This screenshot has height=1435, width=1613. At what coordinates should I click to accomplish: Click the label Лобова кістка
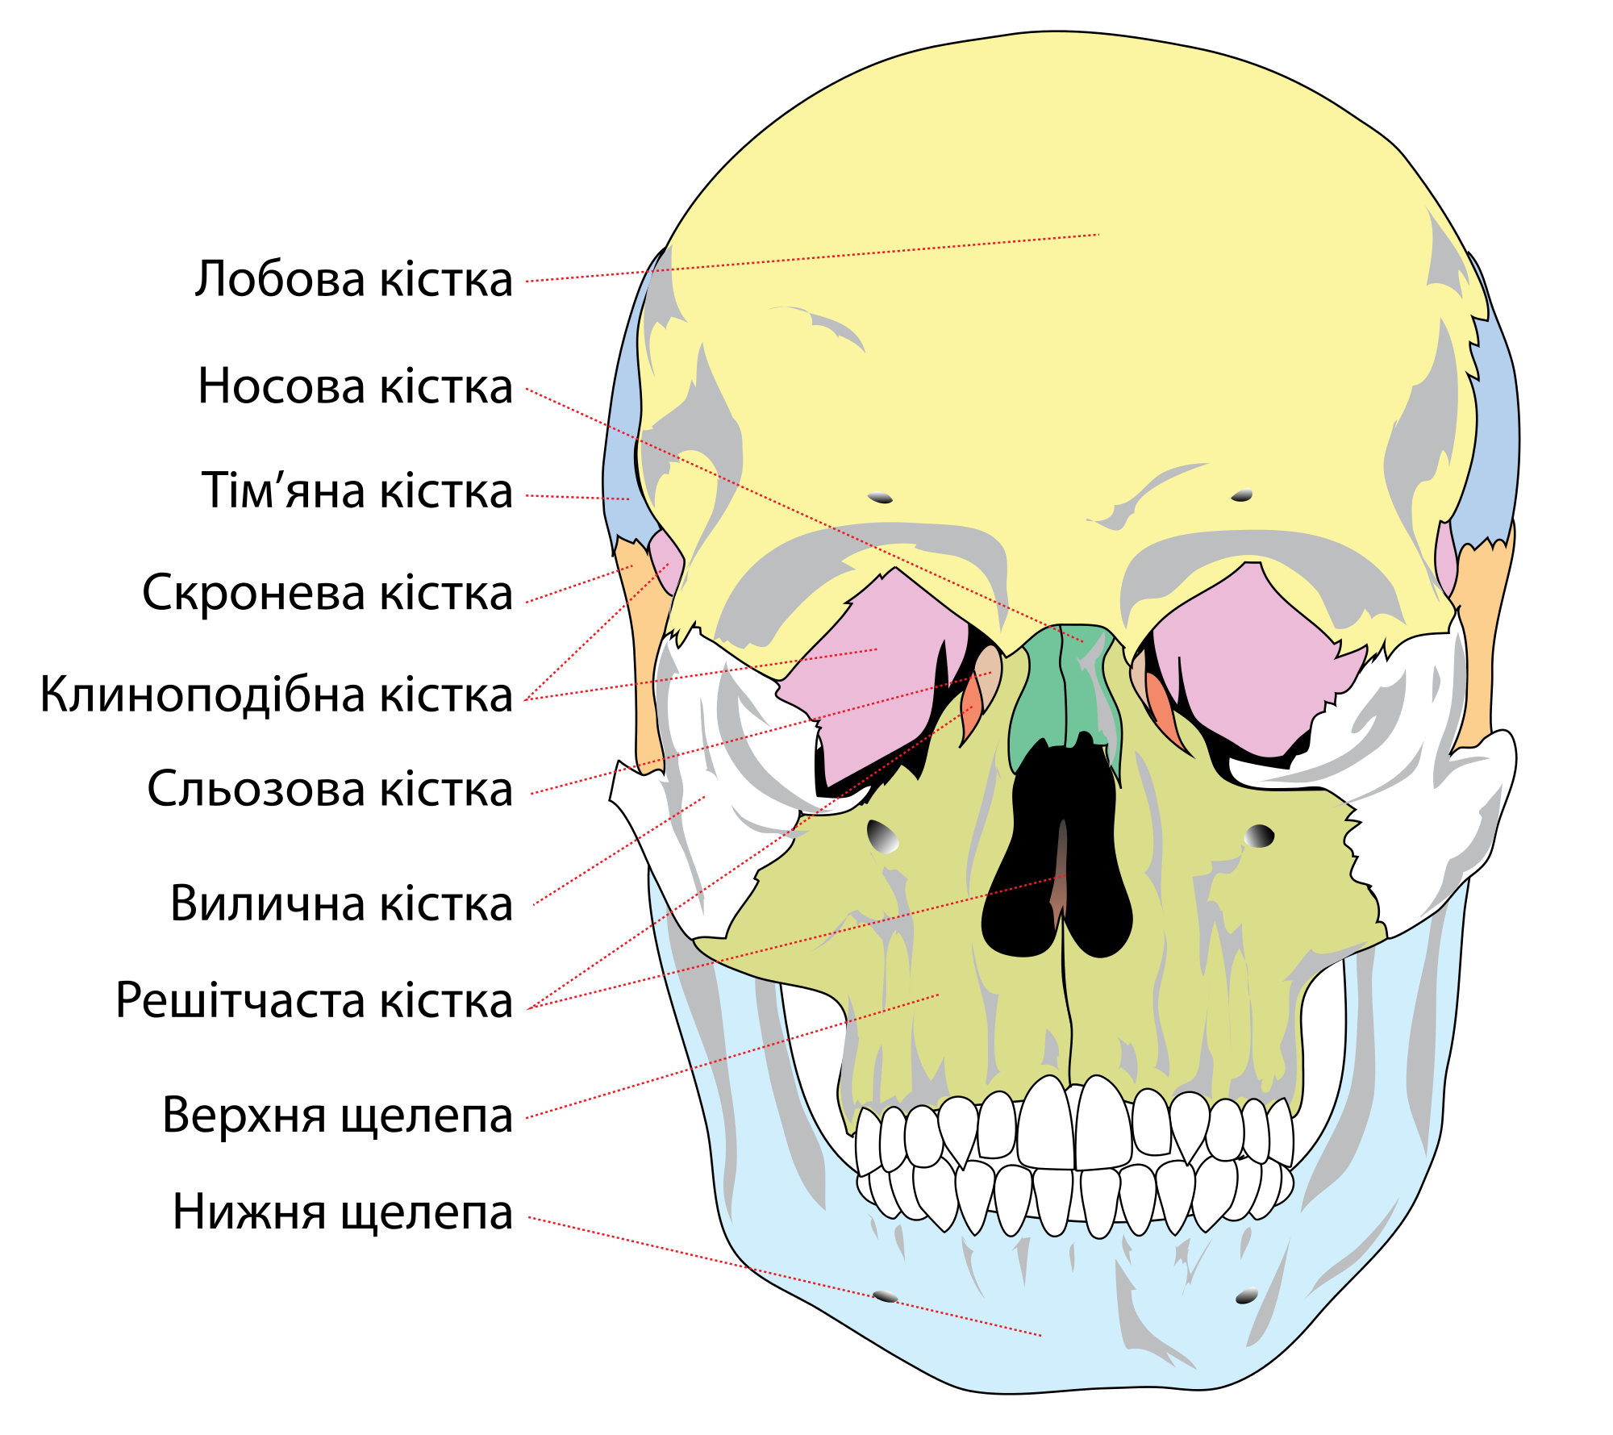pos(353,280)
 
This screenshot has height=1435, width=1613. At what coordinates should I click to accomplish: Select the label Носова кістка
pos(356,386)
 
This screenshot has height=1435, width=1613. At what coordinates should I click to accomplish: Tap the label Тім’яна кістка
pos(357,490)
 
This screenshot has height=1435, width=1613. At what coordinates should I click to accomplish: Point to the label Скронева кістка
pos(327,593)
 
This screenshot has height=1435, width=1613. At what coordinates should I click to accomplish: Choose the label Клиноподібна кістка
pos(277,695)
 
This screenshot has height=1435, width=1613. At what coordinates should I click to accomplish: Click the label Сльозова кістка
pos(330,789)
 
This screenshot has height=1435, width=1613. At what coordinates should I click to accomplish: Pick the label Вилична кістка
pos(342,903)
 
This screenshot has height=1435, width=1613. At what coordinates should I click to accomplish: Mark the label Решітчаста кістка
pos(315,1001)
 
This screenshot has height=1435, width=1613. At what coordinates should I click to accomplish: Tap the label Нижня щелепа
pos(343,1213)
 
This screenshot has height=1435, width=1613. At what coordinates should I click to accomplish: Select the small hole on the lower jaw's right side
pos(1246,1296)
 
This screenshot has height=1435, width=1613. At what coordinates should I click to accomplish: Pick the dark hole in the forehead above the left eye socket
pos(880,498)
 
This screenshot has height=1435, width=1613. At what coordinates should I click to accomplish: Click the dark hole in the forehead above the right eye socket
pos(1242,494)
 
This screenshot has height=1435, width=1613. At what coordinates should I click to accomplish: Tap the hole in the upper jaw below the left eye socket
pos(882,836)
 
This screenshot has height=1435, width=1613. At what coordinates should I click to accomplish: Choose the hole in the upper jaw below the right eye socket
pos(1259,836)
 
